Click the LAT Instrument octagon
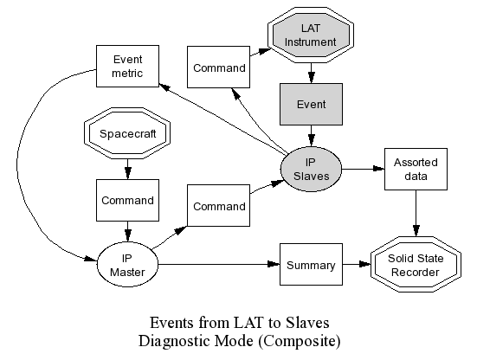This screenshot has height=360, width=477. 311,35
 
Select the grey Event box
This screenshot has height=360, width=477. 311,105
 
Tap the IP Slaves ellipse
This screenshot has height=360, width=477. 311,170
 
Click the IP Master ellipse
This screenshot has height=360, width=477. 127,265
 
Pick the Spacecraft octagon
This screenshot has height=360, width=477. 127,133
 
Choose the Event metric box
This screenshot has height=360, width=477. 127,67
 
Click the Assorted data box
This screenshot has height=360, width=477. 416,170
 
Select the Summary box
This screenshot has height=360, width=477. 311,265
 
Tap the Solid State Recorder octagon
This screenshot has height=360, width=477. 416,265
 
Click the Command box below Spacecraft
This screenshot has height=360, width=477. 127,201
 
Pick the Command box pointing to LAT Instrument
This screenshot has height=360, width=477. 218,67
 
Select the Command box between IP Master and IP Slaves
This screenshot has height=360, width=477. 218,206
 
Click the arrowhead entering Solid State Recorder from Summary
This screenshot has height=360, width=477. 364,264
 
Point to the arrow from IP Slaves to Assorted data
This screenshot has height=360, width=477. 364,169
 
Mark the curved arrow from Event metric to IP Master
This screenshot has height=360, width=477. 17,164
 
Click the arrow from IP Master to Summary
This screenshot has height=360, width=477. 219,264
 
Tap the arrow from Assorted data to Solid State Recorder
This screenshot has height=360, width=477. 416,214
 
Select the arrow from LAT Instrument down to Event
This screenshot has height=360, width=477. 311,73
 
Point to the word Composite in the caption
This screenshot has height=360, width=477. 300,341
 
